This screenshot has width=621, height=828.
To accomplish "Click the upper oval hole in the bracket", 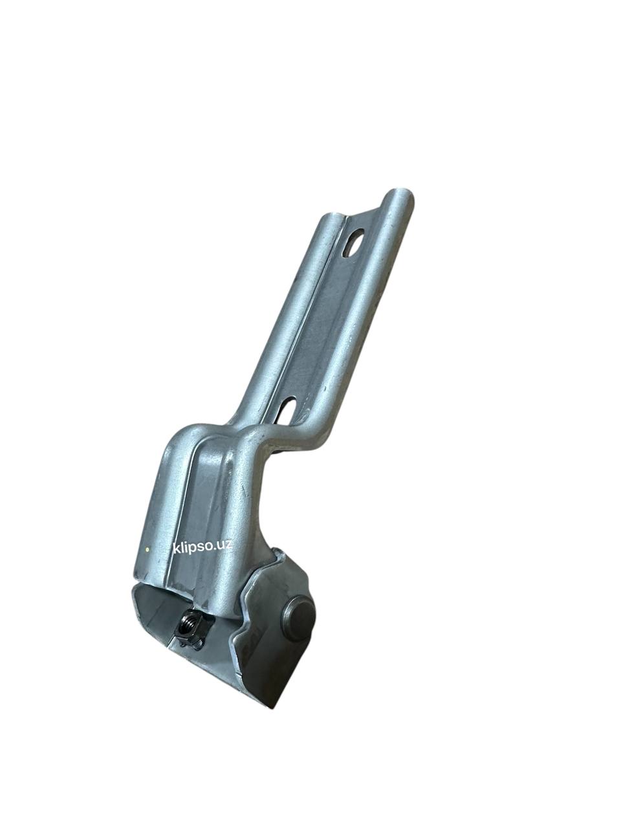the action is (354, 243).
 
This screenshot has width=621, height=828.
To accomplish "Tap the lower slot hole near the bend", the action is (287, 412).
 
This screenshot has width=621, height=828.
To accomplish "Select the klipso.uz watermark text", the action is (202, 547).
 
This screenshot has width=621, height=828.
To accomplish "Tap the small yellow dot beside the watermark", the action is (147, 550).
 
